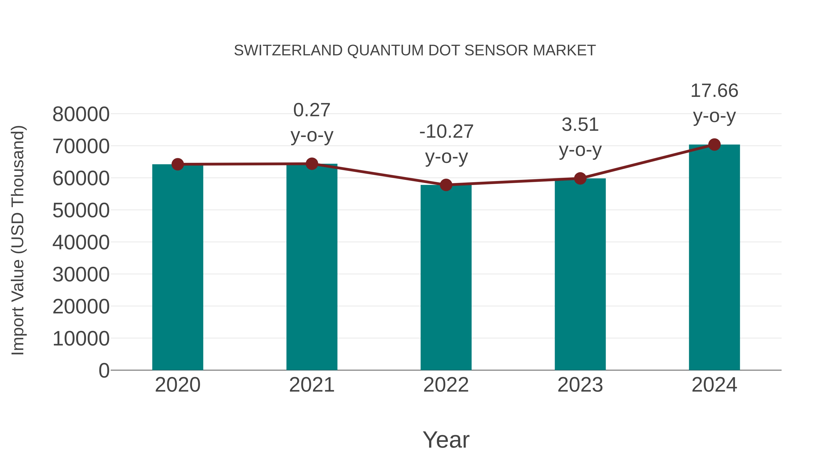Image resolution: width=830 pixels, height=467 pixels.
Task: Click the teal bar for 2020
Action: (x=178, y=268)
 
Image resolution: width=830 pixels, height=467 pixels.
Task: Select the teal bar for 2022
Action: (x=446, y=277)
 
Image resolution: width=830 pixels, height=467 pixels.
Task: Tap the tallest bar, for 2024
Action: (x=714, y=258)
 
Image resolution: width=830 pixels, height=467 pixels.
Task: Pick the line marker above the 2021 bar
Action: (x=311, y=164)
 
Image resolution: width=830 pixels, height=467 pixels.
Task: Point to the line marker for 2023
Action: (x=580, y=178)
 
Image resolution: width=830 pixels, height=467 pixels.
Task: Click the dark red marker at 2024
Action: (x=714, y=145)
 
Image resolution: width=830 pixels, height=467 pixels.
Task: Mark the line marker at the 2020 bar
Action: (x=178, y=164)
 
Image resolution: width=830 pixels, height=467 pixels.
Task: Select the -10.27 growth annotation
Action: (x=446, y=144)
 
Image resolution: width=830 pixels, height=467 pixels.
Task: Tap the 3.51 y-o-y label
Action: (x=580, y=137)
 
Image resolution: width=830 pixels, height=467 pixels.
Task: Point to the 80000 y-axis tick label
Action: (x=81, y=114)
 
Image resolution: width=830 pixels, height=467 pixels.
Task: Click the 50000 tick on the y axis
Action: (x=81, y=211)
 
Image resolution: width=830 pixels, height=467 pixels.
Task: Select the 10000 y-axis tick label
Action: (x=81, y=339)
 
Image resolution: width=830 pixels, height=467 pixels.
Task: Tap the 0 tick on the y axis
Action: (x=104, y=370)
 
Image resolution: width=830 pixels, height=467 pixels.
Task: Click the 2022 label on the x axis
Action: (x=446, y=385)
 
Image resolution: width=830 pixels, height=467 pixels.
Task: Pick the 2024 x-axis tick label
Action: (x=714, y=385)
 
